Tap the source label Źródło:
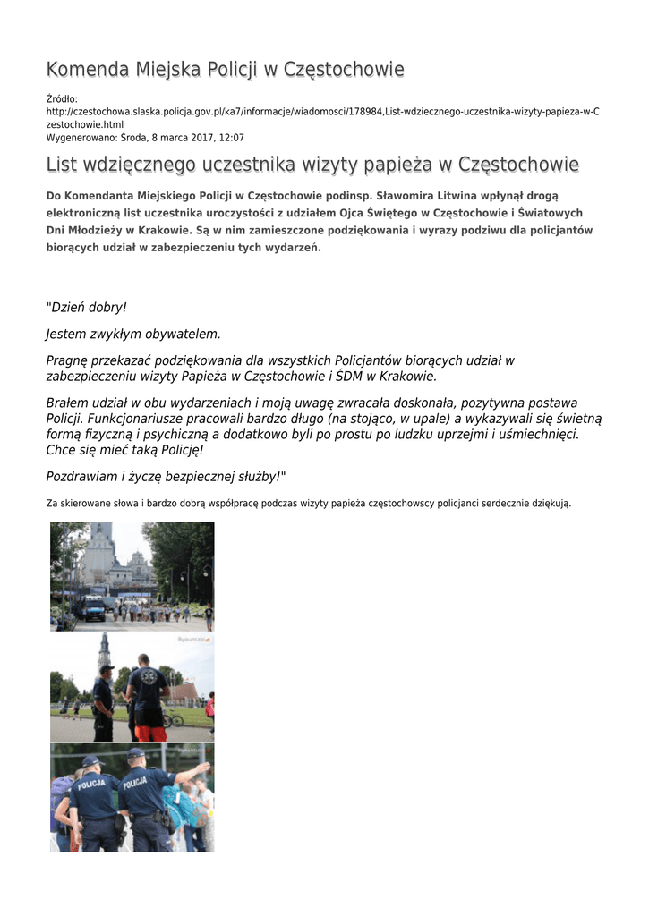pos(62,98)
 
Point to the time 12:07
pos(231,138)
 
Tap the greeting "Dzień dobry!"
pos(87,307)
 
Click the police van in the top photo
pos(94,610)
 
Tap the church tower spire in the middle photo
pos(105,650)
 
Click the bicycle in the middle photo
pos(173,718)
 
